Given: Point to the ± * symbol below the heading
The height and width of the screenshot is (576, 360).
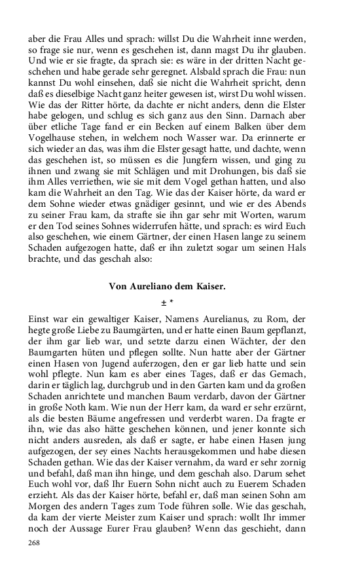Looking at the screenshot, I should [168, 302].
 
